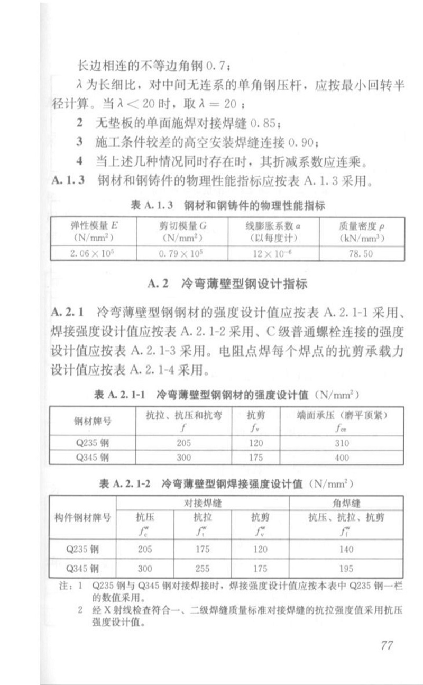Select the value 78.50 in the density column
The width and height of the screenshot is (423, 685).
point(361,253)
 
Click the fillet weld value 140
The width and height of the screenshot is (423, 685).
point(345,549)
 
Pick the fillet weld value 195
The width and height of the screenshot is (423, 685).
point(345,569)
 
